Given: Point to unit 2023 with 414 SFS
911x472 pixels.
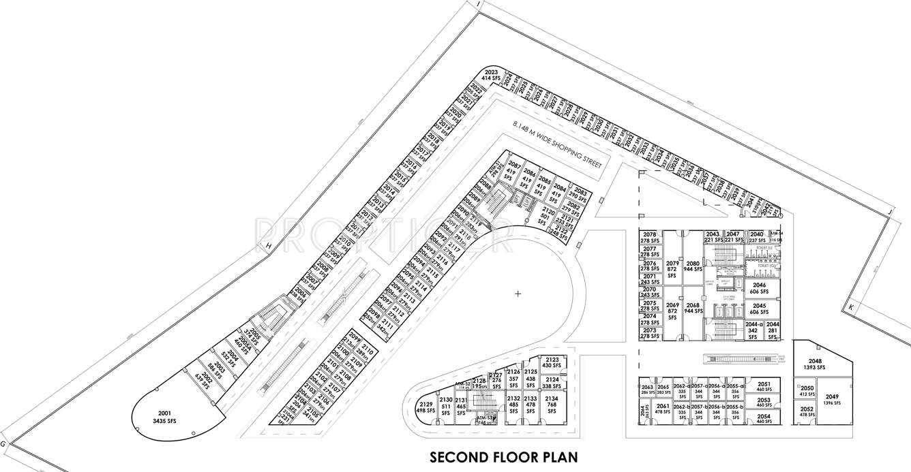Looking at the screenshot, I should click(492, 76).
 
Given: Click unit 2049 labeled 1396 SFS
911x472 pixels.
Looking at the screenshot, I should click(833, 400).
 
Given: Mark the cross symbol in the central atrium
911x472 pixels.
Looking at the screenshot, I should click(518, 294).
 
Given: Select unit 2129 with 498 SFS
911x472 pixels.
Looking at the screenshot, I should click(426, 407).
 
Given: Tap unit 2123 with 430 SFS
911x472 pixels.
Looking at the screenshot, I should click(552, 362).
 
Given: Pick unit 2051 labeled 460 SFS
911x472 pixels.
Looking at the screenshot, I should click(764, 386).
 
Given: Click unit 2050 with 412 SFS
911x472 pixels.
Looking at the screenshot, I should click(807, 391).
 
